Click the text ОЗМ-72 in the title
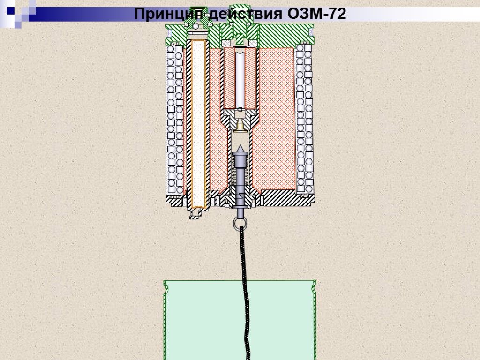pyautogui.click(x=317, y=14)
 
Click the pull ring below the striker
pyautogui.click(x=240, y=223)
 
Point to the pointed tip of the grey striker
pyautogui.click(x=240, y=148)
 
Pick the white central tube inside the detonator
pyautogui.click(x=240, y=77)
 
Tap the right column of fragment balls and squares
pyautogui.click(x=305, y=122)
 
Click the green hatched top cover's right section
pyautogui.click(x=286, y=35)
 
